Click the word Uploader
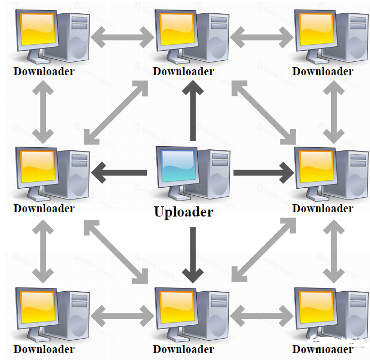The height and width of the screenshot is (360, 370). pyautogui.click(x=183, y=212)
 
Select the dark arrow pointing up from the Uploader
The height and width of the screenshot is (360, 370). pyautogui.click(x=192, y=112)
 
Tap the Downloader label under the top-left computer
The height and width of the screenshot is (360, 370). pyautogui.click(x=44, y=71)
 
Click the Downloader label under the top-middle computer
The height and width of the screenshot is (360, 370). pyautogui.click(x=183, y=71)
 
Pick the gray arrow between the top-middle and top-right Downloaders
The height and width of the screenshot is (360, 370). pyautogui.click(x=262, y=37)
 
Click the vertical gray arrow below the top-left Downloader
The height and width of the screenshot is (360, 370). pyautogui.click(x=44, y=111)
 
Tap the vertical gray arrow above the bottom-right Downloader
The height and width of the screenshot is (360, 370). pyautogui.click(x=335, y=251)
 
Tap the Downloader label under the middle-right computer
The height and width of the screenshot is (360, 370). pyautogui.click(x=323, y=208)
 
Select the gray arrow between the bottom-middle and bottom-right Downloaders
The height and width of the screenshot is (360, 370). pyautogui.click(x=262, y=313)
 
